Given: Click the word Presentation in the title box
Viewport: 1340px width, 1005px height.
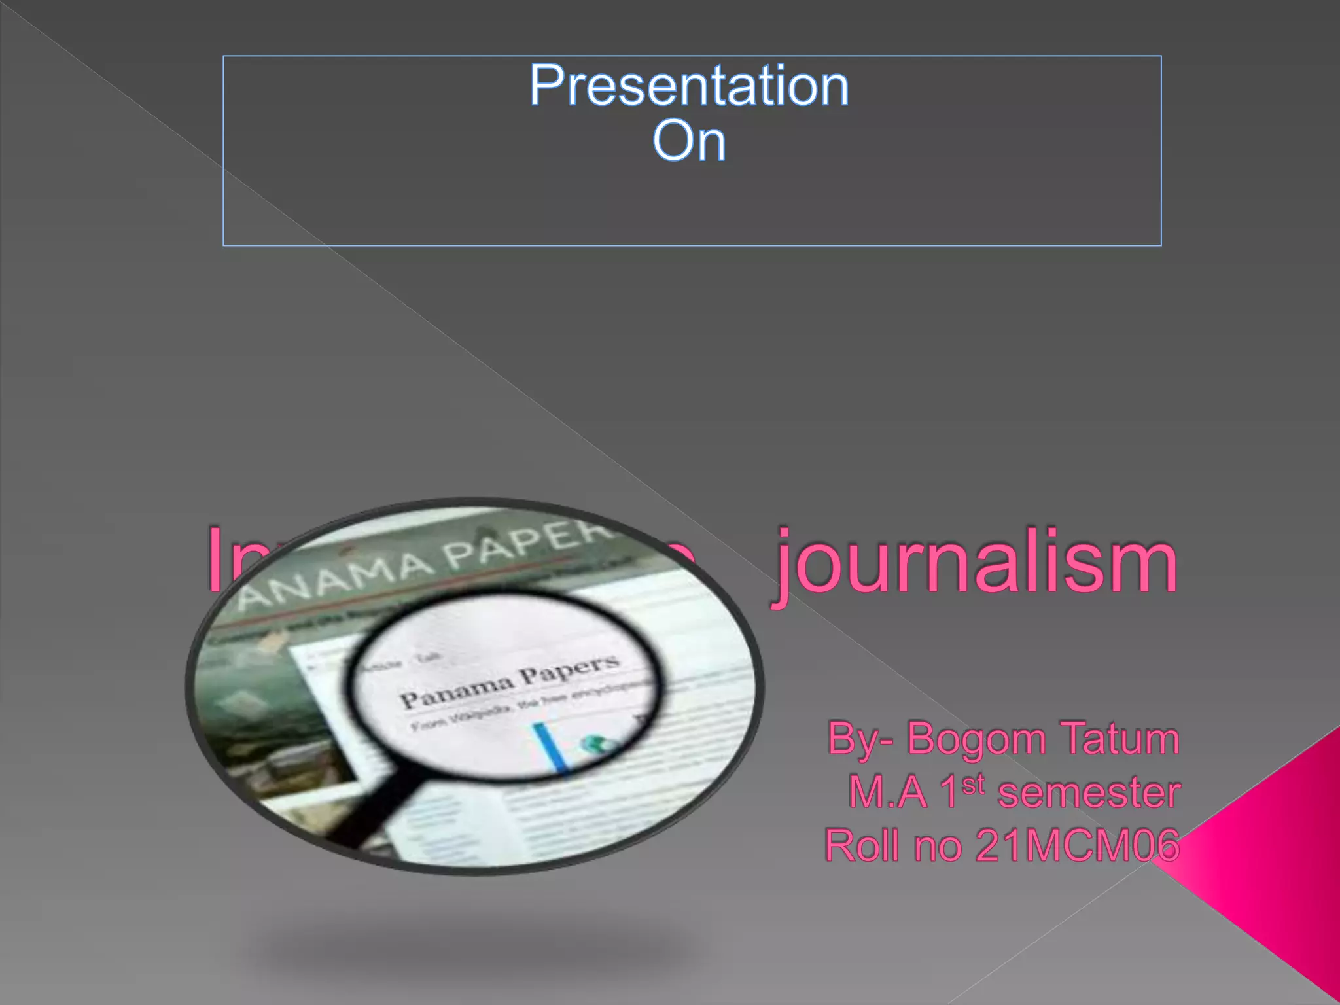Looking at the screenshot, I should pyautogui.click(x=689, y=86).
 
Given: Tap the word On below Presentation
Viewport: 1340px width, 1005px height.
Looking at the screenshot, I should pyautogui.click(x=689, y=141).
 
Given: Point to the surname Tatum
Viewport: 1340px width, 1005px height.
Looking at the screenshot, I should pyautogui.click(x=1120, y=738).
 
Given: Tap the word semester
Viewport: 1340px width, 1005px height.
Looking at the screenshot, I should pyautogui.click(x=1089, y=793).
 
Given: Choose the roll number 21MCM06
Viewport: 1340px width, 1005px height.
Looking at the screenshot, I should pyautogui.click(x=1078, y=845).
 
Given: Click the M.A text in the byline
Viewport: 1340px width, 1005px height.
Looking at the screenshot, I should pyautogui.click(x=887, y=793).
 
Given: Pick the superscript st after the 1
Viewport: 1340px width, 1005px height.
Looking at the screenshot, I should pyautogui.click(x=974, y=784).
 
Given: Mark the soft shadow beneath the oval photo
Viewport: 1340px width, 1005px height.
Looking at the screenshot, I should pyautogui.click(x=471, y=942).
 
